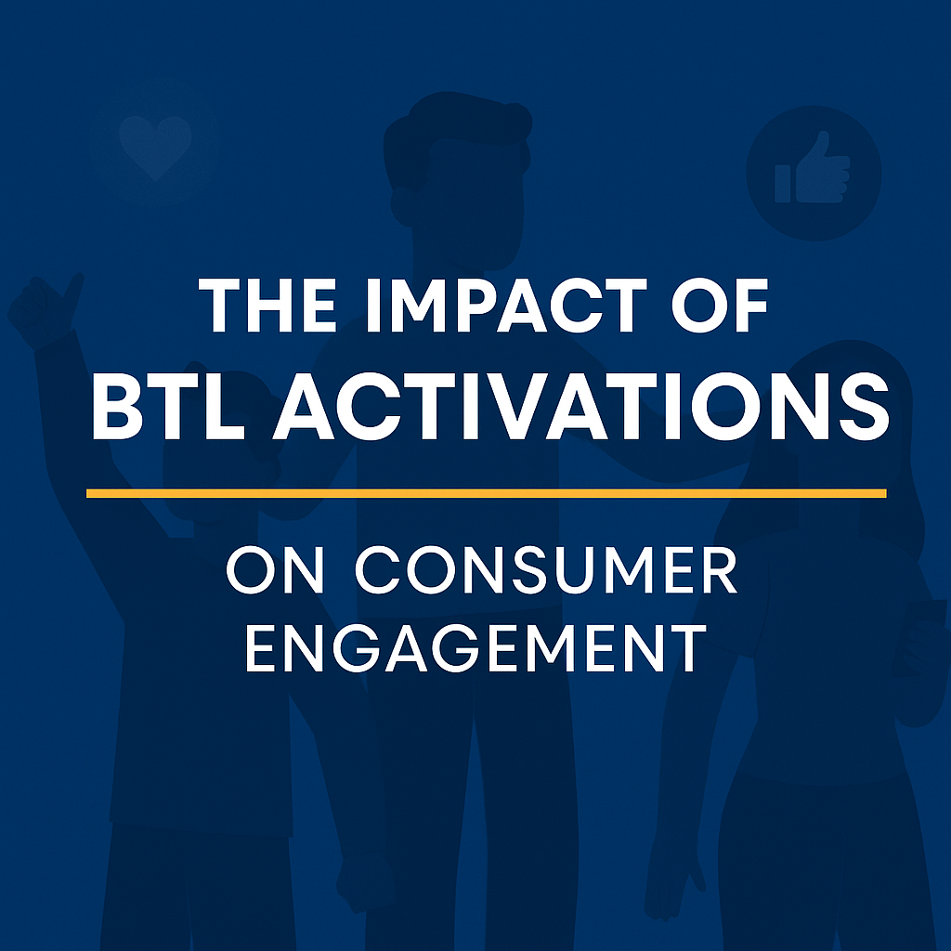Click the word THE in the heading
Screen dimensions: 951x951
point(267,306)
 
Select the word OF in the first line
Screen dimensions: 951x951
point(719,306)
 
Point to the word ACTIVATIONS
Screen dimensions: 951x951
point(581,406)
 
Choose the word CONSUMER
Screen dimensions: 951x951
point(546,569)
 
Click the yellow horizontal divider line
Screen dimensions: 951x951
point(487,493)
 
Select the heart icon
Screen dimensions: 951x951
point(155,146)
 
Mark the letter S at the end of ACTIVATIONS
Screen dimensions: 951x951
point(865,406)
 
